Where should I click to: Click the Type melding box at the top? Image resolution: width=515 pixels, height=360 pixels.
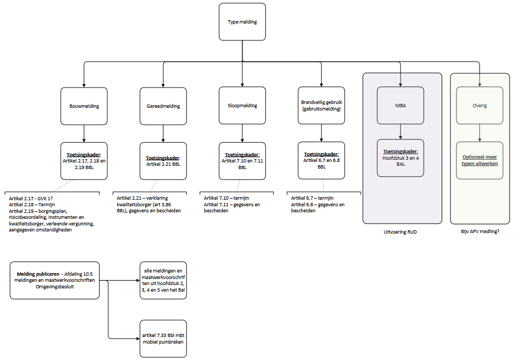coord(242,22)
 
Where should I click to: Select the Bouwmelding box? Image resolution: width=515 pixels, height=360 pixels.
coord(84,106)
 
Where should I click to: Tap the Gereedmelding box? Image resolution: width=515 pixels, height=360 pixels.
coord(163,106)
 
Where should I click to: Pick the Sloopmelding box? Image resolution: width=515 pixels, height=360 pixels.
coord(242,106)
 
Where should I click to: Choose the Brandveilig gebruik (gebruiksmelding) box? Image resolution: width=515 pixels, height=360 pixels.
coord(321,106)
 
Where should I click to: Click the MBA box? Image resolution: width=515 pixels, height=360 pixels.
coord(401,106)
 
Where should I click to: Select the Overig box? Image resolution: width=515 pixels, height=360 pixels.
coord(479,106)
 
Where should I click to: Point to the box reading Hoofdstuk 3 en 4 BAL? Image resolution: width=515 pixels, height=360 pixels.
coord(401,158)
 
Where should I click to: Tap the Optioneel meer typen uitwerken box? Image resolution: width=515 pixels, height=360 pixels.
coord(479,160)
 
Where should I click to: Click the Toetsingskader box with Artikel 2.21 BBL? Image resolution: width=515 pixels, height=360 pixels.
coord(163,161)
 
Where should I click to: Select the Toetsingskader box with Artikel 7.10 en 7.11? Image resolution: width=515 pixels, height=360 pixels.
coord(242,161)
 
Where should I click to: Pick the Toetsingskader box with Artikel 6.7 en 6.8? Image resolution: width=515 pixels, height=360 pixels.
coord(321,160)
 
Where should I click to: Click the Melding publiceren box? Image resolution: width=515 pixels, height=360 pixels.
coord(55,281)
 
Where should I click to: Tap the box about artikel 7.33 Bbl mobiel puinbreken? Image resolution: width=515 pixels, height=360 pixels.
coord(163,339)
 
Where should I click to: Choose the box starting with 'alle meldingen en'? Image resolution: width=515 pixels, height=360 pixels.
coord(163,281)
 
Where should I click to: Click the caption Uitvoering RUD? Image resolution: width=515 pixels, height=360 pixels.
coord(400,232)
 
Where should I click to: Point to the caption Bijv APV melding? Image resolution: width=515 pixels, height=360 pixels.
coord(480,231)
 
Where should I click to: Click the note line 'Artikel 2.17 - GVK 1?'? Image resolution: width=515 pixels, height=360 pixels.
coord(31,199)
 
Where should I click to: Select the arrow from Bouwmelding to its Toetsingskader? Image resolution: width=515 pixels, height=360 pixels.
coord(84,133)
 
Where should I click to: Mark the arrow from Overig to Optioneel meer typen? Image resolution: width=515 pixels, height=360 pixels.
coord(479,133)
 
